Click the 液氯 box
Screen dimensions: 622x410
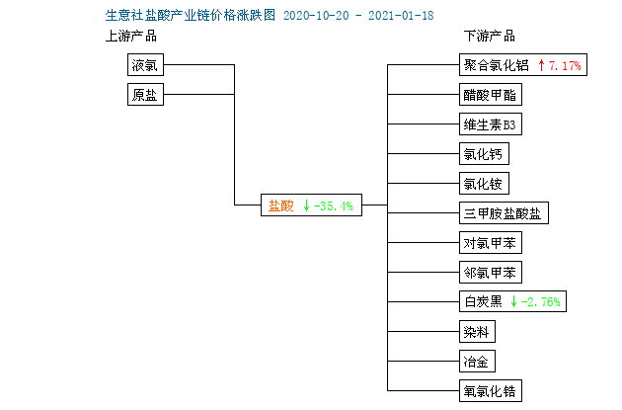coord(145,64)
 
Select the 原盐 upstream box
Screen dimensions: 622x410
coord(145,95)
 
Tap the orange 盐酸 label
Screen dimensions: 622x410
coord(280,205)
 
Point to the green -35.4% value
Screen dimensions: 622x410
coord(334,205)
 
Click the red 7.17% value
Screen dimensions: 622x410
coord(566,65)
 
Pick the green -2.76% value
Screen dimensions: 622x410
coord(541,302)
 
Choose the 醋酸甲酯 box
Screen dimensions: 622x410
coord(491,95)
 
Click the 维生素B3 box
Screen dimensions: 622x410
coord(491,124)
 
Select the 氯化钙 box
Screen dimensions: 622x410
coord(484,153)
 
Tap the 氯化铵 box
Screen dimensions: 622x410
coord(484,184)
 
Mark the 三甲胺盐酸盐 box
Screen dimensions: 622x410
coord(504,213)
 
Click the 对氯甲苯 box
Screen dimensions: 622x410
coord(491,242)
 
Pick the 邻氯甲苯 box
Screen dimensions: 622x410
coord(491,273)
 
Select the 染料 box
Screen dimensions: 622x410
coord(477,331)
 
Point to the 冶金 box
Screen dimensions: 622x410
coord(477,362)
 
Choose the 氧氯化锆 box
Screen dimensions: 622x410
coord(491,391)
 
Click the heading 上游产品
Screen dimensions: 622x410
coord(131,37)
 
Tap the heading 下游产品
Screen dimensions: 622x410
coord(490,37)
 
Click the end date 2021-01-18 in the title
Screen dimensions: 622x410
coord(401,16)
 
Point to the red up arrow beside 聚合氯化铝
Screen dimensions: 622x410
coord(541,65)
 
